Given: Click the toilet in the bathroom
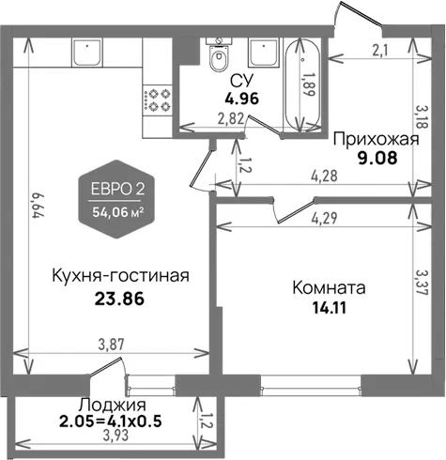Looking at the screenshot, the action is (x=219, y=55).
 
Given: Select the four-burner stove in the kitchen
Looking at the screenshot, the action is (x=158, y=100).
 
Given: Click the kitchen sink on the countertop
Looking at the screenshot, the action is (x=87, y=53).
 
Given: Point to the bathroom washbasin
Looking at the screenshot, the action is (x=263, y=53).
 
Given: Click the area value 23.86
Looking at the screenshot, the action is (x=119, y=299).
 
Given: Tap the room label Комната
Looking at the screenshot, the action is (x=329, y=288).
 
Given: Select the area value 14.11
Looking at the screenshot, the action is (x=330, y=308).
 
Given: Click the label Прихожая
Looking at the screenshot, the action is (x=376, y=140).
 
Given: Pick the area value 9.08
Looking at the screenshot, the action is (x=377, y=159).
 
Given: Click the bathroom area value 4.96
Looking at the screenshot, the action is (x=242, y=99).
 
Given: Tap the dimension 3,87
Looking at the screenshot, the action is (x=111, y=345).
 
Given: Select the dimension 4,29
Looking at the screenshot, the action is (x=325, y=219).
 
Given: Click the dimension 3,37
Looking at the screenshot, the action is (x=422, y=282).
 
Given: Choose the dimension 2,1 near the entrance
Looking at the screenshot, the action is (x=380, y=51).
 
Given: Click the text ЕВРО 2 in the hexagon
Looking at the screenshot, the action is (x=117, y=190).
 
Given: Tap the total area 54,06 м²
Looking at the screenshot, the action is (x=118, y=212).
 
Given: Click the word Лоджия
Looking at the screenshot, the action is (x=112, y=406).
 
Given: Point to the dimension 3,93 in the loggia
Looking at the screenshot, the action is (x=115, y=435).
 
